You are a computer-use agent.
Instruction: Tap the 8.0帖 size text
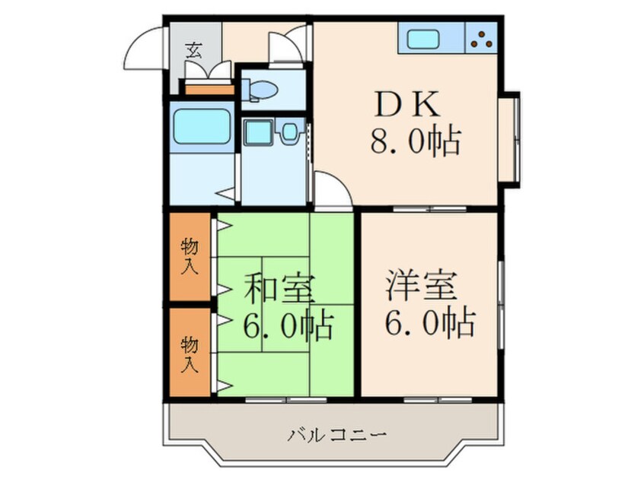coord(415,141)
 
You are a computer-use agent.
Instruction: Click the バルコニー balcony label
coord(338,436)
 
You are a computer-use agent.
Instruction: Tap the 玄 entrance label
coord(194,52)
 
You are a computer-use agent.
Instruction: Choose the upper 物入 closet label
coord(190,256)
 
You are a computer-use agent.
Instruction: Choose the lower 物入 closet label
coord(190,354)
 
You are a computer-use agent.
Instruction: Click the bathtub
coord(201,127)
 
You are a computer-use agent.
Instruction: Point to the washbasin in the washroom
coord(258,134)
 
